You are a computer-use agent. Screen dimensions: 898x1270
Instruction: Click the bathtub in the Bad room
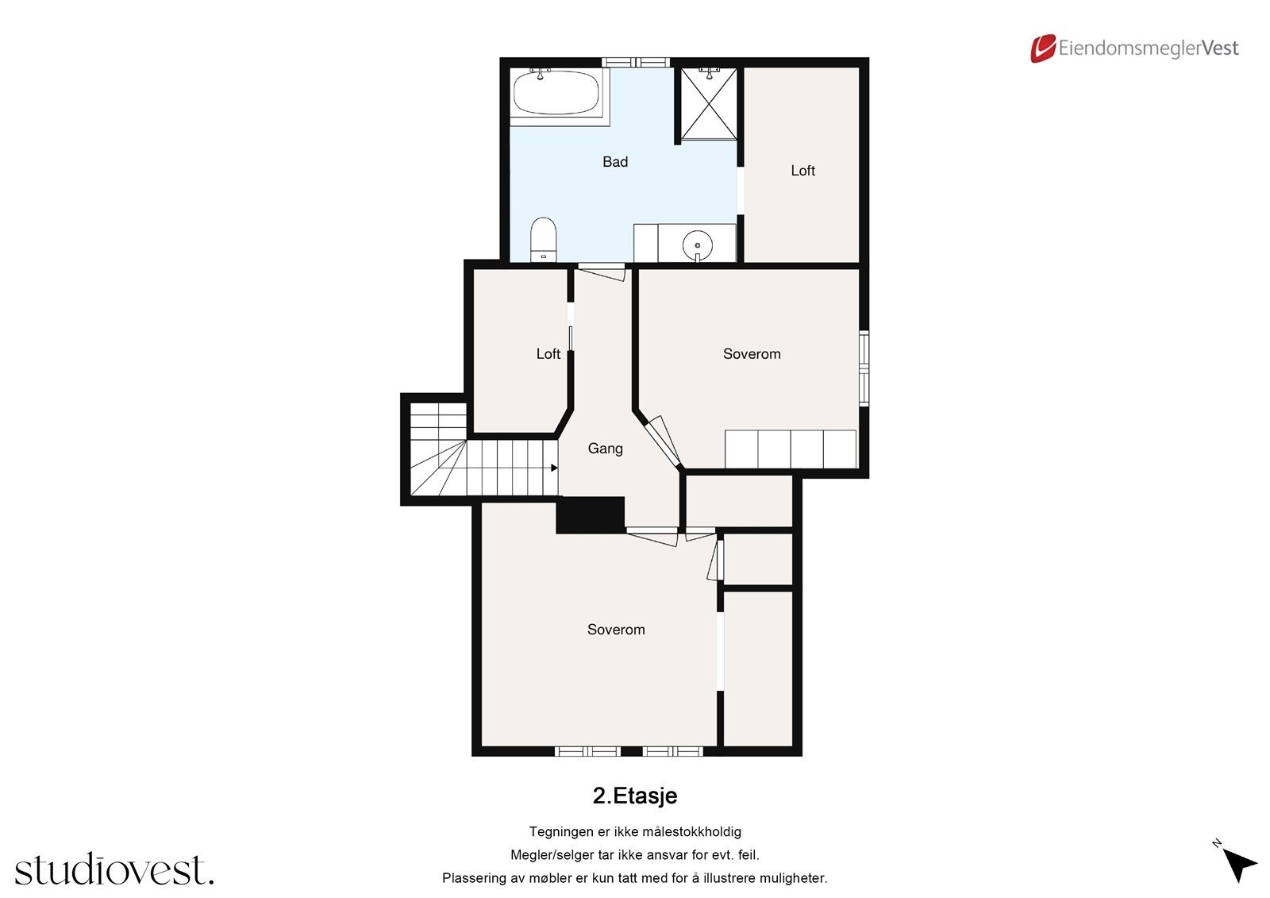[556, 94]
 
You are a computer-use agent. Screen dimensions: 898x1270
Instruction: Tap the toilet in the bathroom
[544, 237]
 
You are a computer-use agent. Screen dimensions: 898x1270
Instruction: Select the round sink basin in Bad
[697, 242]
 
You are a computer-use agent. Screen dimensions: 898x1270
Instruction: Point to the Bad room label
[615, 162]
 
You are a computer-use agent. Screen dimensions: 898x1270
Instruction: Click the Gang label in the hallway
[605, 449]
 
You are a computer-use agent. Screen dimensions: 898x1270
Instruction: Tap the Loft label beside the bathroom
[802, 171]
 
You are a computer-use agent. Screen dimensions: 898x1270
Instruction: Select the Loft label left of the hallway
[548, 354]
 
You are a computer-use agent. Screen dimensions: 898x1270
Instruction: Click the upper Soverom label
[751, 354]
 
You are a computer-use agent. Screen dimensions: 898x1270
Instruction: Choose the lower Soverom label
[616, 630]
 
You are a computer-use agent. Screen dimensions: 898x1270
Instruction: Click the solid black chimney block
[590, 515]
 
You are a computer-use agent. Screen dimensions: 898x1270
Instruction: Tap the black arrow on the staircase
[554, 468]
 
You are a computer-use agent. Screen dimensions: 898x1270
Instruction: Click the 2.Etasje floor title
[634, 796]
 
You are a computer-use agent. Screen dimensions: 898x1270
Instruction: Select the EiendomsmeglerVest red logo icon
[1042, 48]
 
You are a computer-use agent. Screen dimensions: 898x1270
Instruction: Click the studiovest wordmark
[114, 870]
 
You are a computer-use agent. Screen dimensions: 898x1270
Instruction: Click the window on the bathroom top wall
[635, 62]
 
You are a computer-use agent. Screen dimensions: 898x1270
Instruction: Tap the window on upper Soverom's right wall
[864, 368]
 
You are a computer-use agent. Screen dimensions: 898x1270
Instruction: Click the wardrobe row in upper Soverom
[791, 449]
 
